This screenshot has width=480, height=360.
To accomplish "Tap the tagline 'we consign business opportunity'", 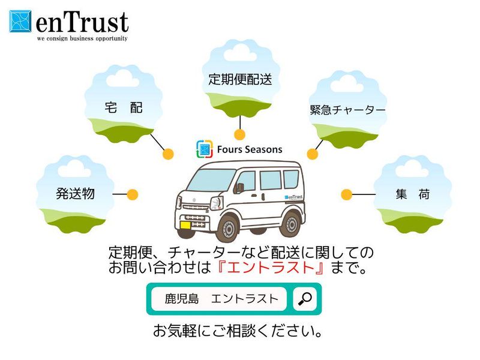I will pyautogui.click(x=82, y=38).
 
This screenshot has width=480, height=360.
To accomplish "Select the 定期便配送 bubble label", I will pyautogui.click(x=240, y=79).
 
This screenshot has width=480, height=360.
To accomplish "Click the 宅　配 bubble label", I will pyautogui.click(x=124, y=107).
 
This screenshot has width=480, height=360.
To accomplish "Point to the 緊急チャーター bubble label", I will pyautogui.click(x=347, y=110).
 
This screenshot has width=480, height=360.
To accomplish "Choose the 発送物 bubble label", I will pyautogui.click(x=76, y=194).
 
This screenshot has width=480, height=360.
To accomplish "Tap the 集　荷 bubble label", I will pyautogui.click(x=412, y=194).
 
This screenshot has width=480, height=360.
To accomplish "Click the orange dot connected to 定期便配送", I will pyautogui.click(x=239, y=134).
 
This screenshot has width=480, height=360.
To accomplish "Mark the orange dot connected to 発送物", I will pyautogui.click(x=133, y=194).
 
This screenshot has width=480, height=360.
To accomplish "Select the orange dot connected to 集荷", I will pyautogui.click(x=346, y=194).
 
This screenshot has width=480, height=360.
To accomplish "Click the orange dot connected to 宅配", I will pyautogui.click(x=168, y=154).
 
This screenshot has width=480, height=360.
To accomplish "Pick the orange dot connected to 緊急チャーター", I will pyautogui.click(x=312, y=154).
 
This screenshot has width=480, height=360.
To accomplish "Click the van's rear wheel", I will pyautogui.click(x=292, y=224).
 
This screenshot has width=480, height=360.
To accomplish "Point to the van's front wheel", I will pyautogui.click(x=229, y=227).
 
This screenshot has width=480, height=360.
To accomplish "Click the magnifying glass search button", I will pyautogui.click(x=305, y=298).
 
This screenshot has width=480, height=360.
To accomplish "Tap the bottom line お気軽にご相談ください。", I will pyautogui.click(x=239, y=331).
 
